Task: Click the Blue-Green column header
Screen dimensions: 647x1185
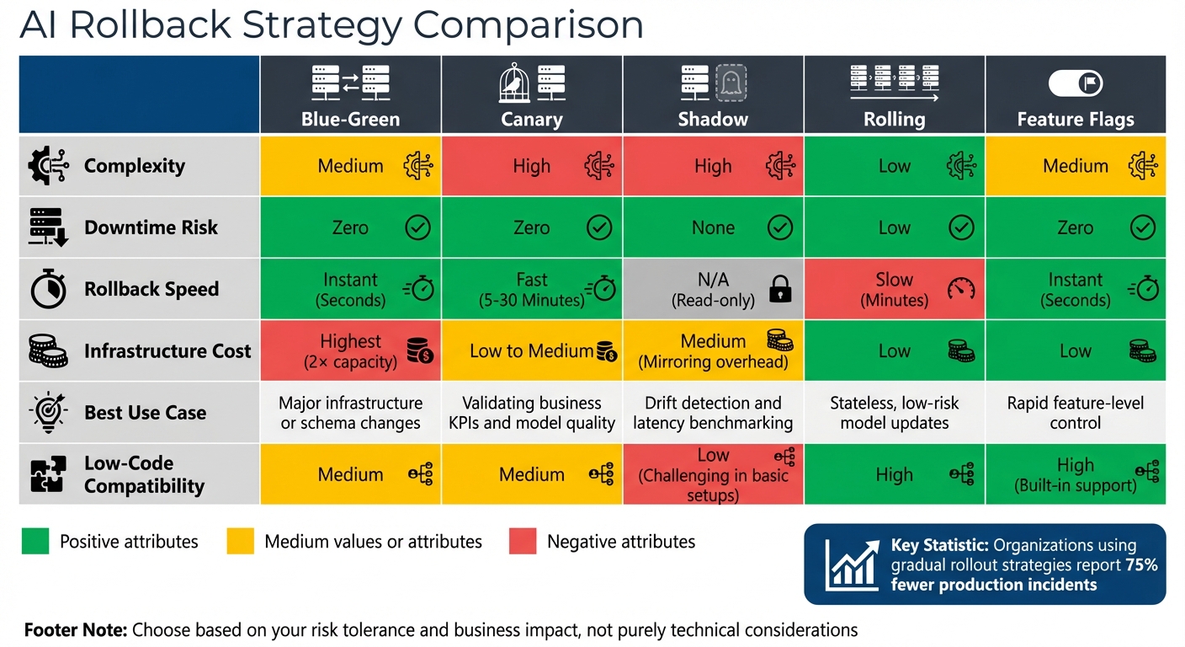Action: [x=350, y=119]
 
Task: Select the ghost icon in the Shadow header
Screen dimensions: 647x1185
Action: [x=731, y=83]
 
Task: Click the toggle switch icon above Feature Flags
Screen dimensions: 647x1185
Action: [x=1075, y=83]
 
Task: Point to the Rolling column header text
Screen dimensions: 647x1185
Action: [x=894, y=119]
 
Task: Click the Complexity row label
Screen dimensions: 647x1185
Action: [x=134, y=166]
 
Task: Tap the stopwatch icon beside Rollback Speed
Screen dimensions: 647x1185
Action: [x=48, y=290]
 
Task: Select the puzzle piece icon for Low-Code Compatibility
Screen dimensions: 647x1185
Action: [x=48, y=474]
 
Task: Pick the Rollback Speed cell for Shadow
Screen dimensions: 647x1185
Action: [x=713, y=289]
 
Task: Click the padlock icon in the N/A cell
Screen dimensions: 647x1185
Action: [x=779, y=291]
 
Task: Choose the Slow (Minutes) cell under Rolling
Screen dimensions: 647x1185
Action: [x=894, y=289]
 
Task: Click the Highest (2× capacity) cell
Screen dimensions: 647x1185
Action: [x=350, y=351]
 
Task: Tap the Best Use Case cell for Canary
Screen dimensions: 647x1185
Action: [x=531, y=413]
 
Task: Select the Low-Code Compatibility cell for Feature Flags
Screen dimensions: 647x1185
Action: [x=1075, y=474]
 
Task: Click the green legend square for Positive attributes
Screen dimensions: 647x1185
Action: [x=35, y=542]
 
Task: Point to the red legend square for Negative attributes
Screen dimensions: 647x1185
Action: [x=522, y=542]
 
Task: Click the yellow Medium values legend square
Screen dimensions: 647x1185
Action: [x=240, y=542]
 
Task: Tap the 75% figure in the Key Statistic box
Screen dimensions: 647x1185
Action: [x=1141, y=565]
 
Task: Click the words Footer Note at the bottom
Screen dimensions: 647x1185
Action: [x=76, y=629]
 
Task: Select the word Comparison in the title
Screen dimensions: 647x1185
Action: [x=529, y=24]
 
